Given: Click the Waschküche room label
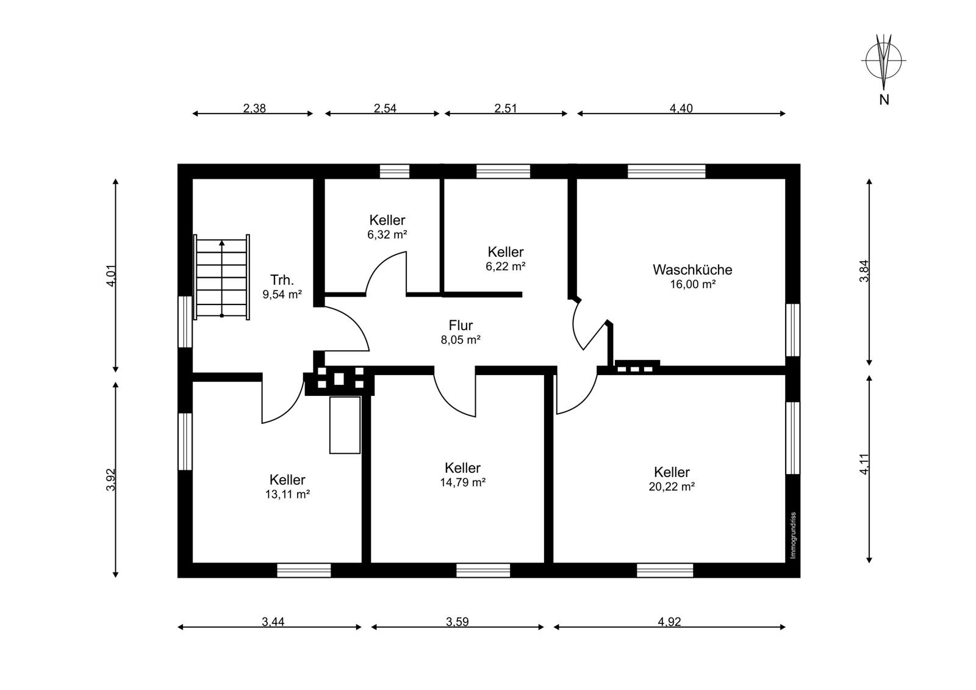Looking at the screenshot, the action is pos(692,270).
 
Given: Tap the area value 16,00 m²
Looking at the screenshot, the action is pos(693,285).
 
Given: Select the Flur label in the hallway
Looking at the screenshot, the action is pos(461,325).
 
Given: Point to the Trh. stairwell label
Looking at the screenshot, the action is pos(282,280).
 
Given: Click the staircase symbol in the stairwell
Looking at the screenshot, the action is pos(222,277).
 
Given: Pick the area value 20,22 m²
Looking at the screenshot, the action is pos(672,486).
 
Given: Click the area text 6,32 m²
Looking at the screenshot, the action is pos(387,235).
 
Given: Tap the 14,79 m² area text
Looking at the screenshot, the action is pos(463,483).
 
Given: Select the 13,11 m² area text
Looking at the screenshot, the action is pos(287,494).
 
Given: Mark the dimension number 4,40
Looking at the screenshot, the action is pos(681,108).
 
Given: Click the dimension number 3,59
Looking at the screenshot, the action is pos(457,622).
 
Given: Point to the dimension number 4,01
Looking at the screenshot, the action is pos(111,276).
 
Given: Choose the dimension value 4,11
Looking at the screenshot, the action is pos(864,464).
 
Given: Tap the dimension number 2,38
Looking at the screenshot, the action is pos(254,108).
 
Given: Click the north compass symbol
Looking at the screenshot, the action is pos(884,61).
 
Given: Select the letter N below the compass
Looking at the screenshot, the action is pos(884,100).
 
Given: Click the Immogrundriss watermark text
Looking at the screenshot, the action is pos(793,535).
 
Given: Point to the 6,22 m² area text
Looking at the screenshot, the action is pos(506,267).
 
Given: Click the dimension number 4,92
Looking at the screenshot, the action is pos(669,622).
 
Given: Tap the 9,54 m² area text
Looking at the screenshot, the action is pos(282,295).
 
